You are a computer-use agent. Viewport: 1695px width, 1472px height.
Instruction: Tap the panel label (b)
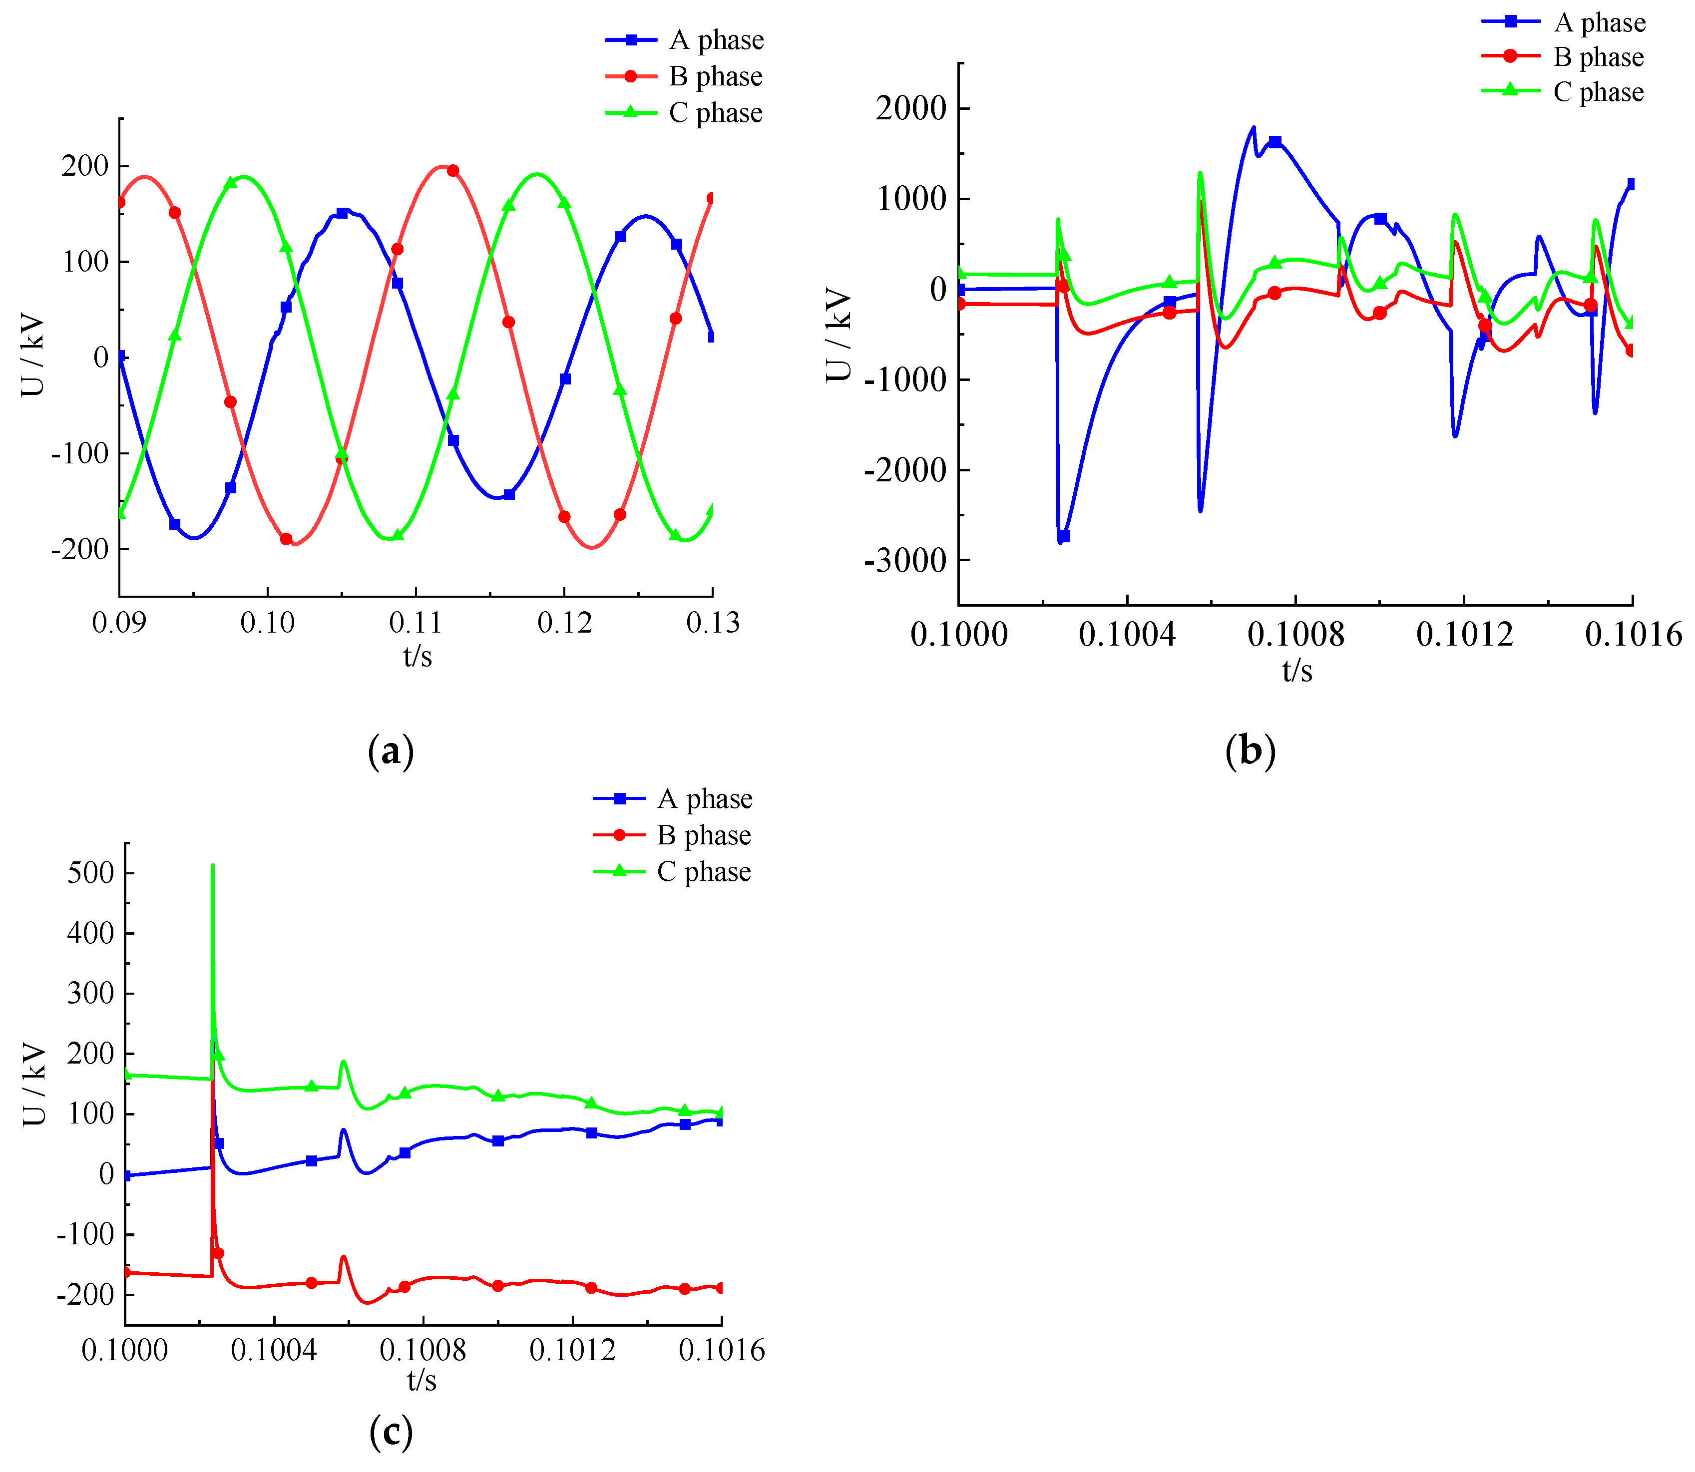click(x=1250, y=751)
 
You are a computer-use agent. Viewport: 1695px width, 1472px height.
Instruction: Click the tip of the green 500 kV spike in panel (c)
click(x=213, y=865)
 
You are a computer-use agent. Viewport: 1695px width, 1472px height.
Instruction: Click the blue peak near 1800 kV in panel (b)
click(x=1253, y=127)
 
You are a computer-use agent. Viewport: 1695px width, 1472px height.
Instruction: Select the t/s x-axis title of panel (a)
click(x=418, y=656)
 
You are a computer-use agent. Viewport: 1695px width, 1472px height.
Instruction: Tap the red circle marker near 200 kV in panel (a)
click(x=452, y=171)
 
